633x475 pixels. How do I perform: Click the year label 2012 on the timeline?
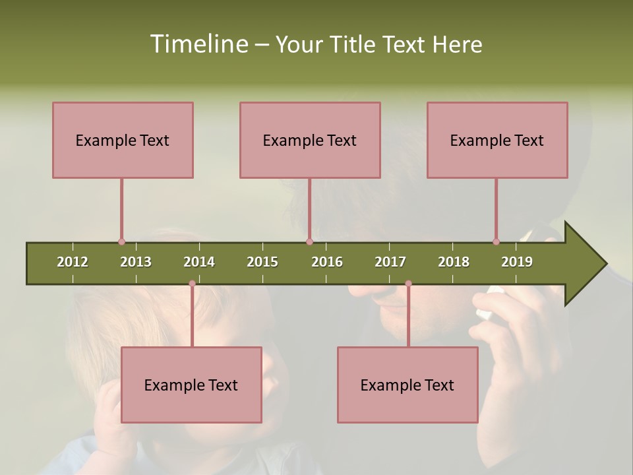click(73, 262)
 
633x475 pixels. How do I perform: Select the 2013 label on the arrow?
click(136, 262)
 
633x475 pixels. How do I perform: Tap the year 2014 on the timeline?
click(199, 262)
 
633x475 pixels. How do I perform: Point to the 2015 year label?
click(262, 262)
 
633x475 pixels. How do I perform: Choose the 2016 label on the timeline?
click(327, 262)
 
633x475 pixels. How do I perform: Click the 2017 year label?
click(390, 262)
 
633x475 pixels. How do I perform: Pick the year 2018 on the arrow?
click(454, 262)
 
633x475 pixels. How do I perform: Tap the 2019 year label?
click(517, 262)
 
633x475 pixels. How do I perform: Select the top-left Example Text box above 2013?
click(123, 140)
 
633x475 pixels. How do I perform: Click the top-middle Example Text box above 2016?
click(310, 140)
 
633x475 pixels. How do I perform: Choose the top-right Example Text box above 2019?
click(497, 140)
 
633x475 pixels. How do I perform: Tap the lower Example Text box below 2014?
click(191, 385)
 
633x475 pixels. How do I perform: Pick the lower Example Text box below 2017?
click(407, 385)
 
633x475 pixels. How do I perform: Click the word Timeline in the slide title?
click(198, 44)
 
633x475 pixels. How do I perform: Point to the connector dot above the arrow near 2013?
click(121, 241)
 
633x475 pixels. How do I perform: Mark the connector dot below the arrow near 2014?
click(192, 284)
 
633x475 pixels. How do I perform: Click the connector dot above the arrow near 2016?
click(309, 241)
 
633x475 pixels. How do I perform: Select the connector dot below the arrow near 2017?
click(408, 284)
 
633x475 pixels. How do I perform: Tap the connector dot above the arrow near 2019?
click(496, 241)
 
